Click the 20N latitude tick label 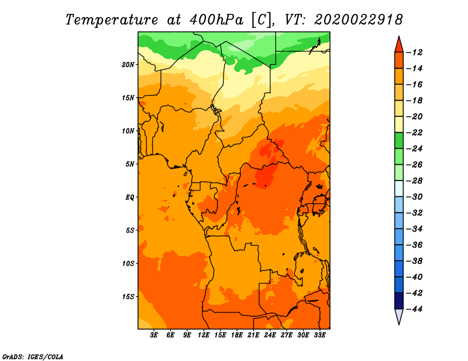click(x=128, y=65)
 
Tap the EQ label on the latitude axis click(x=130, y=197)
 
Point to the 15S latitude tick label click(x=128, y=297)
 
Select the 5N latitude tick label click(x=130, y=164)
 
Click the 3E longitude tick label click(x=154, y=335)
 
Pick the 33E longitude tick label click(x=319, y=335)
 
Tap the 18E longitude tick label click(x=237, y=335)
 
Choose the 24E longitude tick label click(x=270, y=335)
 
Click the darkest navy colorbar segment click(x=399, y=301)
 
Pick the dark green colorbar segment click(x=399, y=141)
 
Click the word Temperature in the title click(x=112, y=20)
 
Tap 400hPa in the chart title click(x=216, y=20)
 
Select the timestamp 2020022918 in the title click(x=359, y=20)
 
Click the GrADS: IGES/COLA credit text click(x=33, y=356)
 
